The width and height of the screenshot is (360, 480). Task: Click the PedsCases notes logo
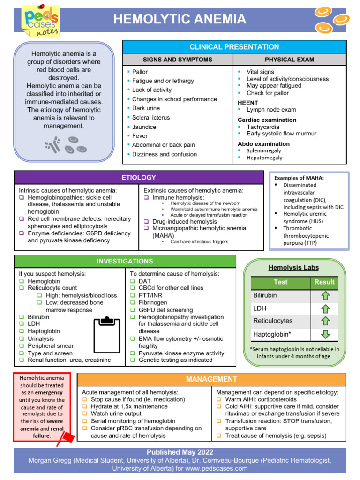tap(40, 21)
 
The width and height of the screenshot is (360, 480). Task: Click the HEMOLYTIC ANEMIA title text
tap(180, 19)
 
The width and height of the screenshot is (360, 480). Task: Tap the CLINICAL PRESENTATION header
tap(234, 47)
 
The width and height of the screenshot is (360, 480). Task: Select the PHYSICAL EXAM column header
tap(289, 60)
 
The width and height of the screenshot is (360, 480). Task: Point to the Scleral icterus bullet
tap(150, 118)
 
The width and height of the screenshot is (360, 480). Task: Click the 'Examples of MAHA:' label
tap(299, 178)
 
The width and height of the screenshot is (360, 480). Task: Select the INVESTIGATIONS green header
tap(125, 261)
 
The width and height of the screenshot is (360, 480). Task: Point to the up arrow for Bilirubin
tap(325, 296)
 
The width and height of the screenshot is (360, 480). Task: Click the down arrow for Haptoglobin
tap(325, 334)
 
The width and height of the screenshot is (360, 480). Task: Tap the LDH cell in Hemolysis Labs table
tap(259, 308)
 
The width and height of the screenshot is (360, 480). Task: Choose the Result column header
tap(324, 282)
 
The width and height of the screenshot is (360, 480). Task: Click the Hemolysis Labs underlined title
tap(293, 268)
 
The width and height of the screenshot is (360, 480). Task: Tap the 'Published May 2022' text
tap(180, 452)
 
